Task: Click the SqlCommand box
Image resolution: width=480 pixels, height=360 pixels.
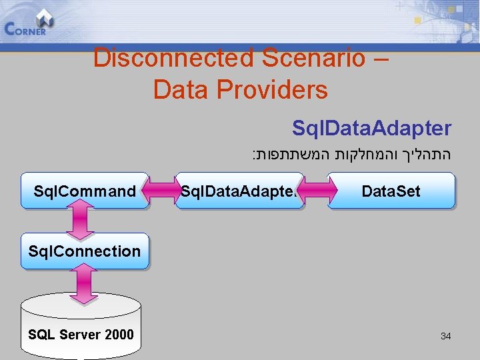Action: (x=85, y=191)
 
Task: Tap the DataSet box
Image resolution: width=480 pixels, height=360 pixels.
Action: (x=391, y=191)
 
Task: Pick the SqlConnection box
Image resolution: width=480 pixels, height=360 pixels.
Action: (x=85, y=251)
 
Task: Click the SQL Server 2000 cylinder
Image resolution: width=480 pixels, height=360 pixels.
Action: (x=81, y=327)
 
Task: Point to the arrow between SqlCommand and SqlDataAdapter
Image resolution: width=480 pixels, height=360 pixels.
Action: (x=161, y=191)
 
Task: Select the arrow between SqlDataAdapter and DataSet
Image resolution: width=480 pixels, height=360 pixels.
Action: (x=315, y=191)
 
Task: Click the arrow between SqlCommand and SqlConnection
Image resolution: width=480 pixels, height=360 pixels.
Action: (x=83, y=221)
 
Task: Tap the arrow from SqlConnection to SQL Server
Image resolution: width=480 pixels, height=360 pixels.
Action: (x=83, y=283)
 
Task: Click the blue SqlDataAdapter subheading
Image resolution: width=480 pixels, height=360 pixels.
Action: (x=371, y=128)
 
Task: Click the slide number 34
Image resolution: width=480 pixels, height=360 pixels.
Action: (x=445, y=336)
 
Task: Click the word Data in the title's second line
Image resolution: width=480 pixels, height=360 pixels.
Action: (x=180, y=89)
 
